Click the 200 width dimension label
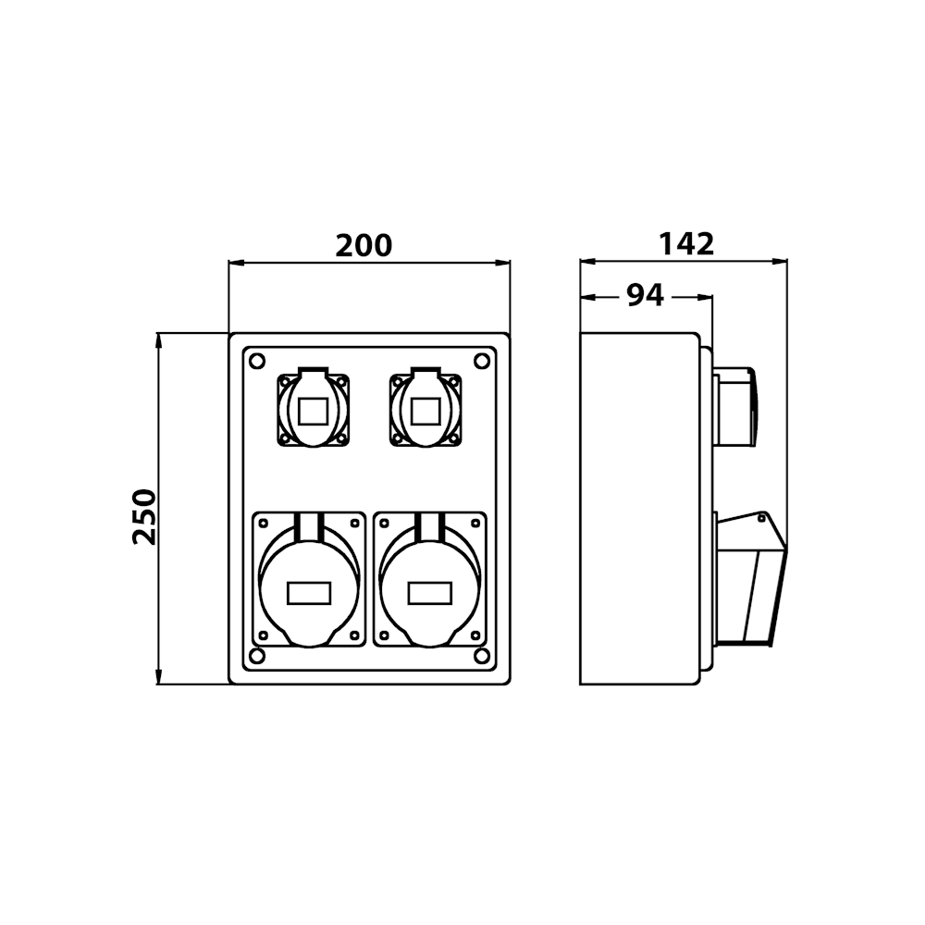(x=364, y=245)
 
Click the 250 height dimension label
(x=144, y=516)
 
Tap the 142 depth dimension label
(x=686, y=243)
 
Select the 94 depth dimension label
(x=645, y=295)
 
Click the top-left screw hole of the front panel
(x=257, y=361)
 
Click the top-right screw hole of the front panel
(x=481, y=361)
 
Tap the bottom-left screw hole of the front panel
(x=257, y=656)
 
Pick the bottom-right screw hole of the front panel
(x=481, y=656)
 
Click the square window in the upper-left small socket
(x=314, y=412)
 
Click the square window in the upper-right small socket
(x=425, y=412)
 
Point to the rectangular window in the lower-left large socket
(x=309, y=593)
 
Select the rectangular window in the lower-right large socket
(x=430, y=593)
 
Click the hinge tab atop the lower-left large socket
(x=309, y=525)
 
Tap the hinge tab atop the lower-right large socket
(x=430, y=525)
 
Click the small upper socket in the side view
(x=735, y=407)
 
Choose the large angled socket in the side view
(x=750, y=579)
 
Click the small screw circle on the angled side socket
(x=761, y=519)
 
